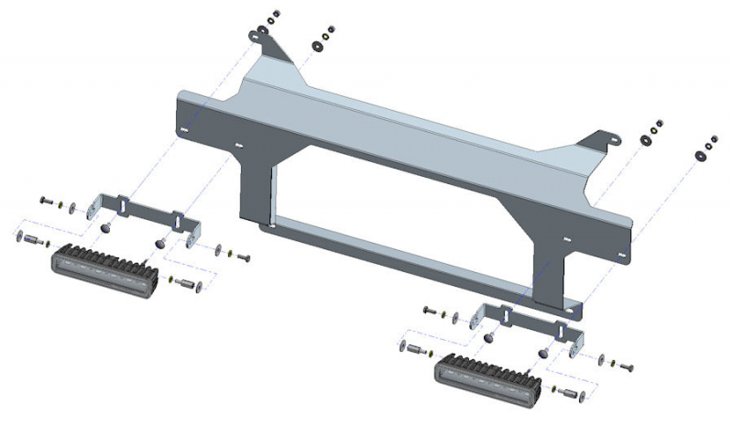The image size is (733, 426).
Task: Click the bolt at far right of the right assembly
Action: click(x=627, y=366)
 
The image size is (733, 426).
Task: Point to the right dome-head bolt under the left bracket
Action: click(x=160, y=243)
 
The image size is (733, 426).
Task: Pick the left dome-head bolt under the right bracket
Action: click(x=488, y=337)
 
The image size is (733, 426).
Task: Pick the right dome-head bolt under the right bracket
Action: click(x=544, y=352)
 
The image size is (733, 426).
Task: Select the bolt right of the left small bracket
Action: click(x=242, y=256)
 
